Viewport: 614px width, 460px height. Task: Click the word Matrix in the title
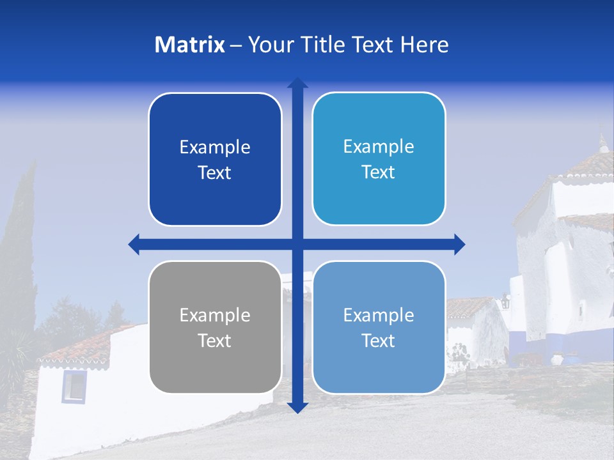pyautogui.click(x=189, y=45)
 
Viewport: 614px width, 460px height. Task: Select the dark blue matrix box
pyautogui.click(x=215, y=159)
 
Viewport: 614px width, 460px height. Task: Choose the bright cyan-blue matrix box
pyautogui.click(x=379, y=158)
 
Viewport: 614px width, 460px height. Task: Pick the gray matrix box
pyautogui.click(x=215, y=327)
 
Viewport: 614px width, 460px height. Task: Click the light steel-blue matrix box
pyautogui.click(x=379, y=327)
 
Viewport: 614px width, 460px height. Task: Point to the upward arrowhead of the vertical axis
pyautogui.click(x=297, y=83)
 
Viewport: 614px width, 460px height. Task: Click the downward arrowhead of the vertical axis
pyautogui.click(x=297, y=407)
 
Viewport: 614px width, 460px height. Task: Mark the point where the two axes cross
pyautogui.click(x=297, y=244)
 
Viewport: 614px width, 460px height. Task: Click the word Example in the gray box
pyautogui.click(x=215, y=315)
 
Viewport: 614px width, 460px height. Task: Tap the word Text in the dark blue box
pyautogui.click(x=214, y=173)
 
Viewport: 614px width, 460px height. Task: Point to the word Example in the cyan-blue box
pyautogui.click(x=379, y=146)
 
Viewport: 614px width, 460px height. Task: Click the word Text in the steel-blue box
pyautogui.click(x=379, y=341)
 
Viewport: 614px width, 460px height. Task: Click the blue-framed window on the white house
pyautogui.click(x=74, y=386)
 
